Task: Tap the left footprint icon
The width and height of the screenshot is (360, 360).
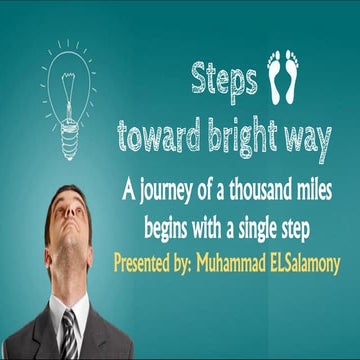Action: [x=277, y=80]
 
